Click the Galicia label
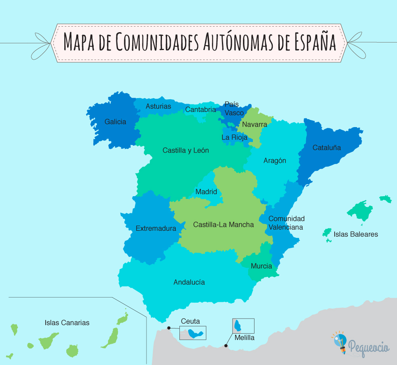115,122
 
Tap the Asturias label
158,106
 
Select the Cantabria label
200,110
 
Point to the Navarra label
254,124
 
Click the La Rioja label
234,137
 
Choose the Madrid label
206,192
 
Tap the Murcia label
261,266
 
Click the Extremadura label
156,228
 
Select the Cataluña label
327,148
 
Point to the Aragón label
275,161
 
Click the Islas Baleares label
356,234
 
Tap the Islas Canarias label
67,323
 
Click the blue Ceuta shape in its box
195,333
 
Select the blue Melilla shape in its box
239,326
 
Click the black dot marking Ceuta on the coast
169,328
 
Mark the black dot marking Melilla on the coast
226,346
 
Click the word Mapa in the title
80,41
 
